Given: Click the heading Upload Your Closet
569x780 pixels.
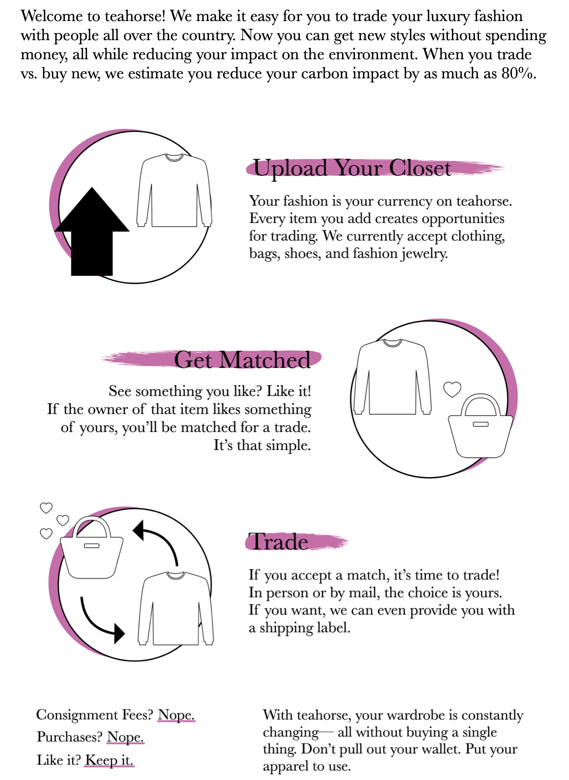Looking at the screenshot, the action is (352, 168).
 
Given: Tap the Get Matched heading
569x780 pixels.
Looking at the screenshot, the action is (242, 360).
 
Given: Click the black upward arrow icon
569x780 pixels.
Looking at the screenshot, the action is (92, 231).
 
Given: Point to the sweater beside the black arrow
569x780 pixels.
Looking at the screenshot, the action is (174, 190).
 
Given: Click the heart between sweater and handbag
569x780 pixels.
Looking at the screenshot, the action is (452, 389).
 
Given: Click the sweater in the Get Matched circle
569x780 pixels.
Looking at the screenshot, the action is (392, 377).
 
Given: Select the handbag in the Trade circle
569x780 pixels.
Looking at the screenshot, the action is (92, 547).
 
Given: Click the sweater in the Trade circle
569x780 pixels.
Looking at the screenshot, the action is (175, 608).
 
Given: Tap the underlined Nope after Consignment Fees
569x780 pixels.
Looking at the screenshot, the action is (176, 715).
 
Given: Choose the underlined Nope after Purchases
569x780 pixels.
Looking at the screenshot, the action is (125, 737).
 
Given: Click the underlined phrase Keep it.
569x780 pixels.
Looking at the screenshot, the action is (109, 760).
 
